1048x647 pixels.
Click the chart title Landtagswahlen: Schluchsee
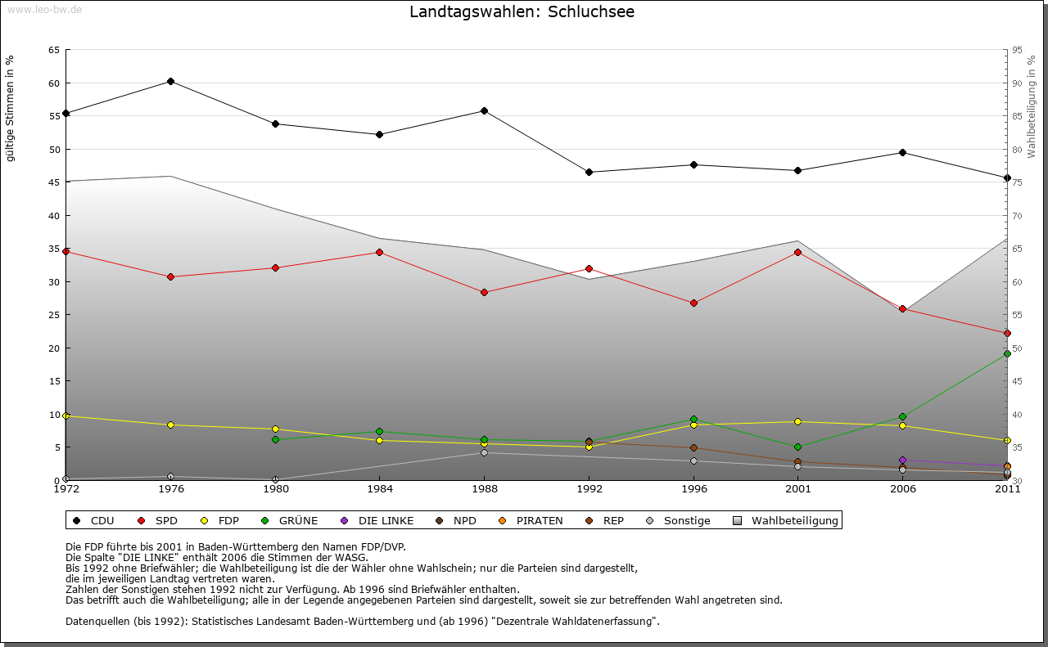pyautogui.click(x=522, y=12)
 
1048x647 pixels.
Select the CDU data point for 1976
pyautogui.click(x=170, y=81)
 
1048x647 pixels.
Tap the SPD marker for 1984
pyautogui.click(x=379, y=252)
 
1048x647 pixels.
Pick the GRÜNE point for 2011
pyautogui.click(x=1007, y=354)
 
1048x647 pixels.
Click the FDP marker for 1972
pyautogui.click(x=65, y=416)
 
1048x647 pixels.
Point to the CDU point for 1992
pyautogui.click(x=589, y=172)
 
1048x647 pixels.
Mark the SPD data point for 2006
pyautogui.click(x=902, y=308)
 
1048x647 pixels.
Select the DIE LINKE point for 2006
pyautogui.click(x=902, y=461)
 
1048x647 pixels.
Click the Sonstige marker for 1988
pyautogui.click(x=484, y=452)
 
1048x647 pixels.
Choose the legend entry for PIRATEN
pyautogui.click(x=532, y=520)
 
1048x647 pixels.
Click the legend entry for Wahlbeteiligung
pyautogui.click(x=786, y=520)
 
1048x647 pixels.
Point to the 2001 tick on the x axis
pyautogui.click(x=797, y=489)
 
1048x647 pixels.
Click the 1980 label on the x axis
pyautogui.click(x=275, y=489)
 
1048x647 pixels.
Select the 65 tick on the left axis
pyautogui.click(x=53, y=50)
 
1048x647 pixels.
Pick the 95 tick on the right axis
pyautogui.click(x=1017, y=50)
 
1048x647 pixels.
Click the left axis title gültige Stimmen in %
pyautogui.click(x=11, y=108)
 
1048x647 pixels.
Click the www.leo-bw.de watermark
pyautogui.click(x=43, y=9)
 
